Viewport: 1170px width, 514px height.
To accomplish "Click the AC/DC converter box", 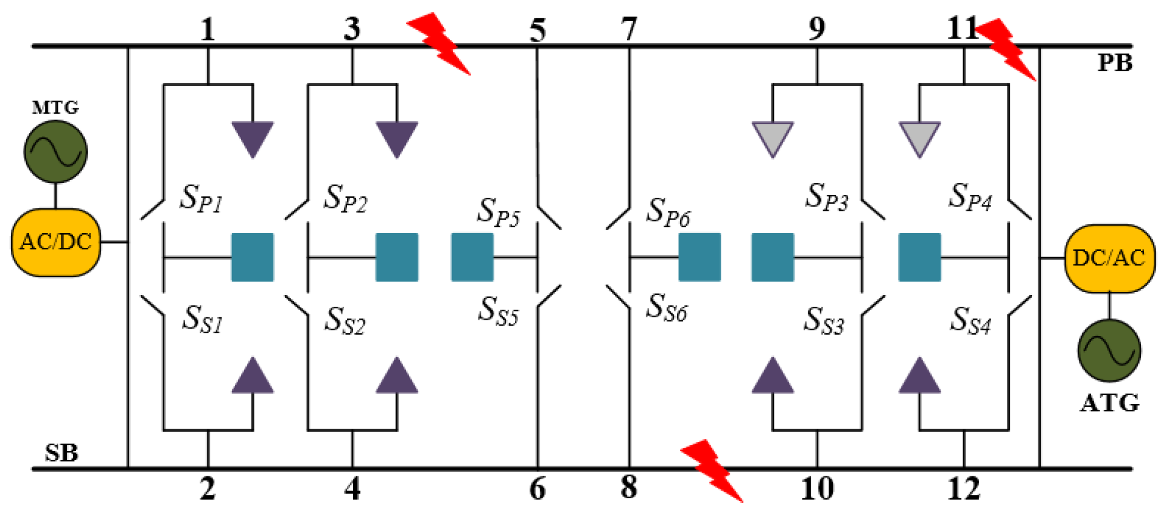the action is pyautogui.click(x=56, y=242).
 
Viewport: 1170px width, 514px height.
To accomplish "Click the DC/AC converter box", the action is pyautogui.click(x=1109, y=258).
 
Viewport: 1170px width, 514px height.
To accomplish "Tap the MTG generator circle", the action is pyautogui.click(x=55, y=151).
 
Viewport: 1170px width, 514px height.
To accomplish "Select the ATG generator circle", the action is pyautogui.click(x=1109, y=350).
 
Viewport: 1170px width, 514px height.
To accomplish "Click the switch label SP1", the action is pyautogui.click(x=201, y=198).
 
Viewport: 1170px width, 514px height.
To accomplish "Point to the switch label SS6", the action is pyautogui.click(x=666, y=308).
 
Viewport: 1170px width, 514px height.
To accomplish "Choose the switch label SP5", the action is pyautogui.click(x=498, y=212).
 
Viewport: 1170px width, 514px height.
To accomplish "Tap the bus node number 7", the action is pyautogui.click(x=629, y=28).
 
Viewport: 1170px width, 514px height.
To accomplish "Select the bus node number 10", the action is pyautogui.click(x=817, y=488).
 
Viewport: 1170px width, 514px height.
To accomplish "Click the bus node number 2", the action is pyautogui.click(x=207, y=488).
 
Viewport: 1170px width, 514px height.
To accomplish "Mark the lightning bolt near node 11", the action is pyautogui.click(x=1006, y=48).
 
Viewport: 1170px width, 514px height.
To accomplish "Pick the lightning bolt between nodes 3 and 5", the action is pyautogui.click(x=439, y=44).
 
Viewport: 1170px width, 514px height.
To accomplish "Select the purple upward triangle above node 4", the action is pyautogui.click(x=396, y=377).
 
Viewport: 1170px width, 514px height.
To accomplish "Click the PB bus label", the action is pyautogui.click(x=1115, y=63).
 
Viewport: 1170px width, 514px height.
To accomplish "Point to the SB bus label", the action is pyautogui.click(x=61, y=453).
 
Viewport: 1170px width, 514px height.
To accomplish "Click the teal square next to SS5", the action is pyautogui.click(x=472, y=257).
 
